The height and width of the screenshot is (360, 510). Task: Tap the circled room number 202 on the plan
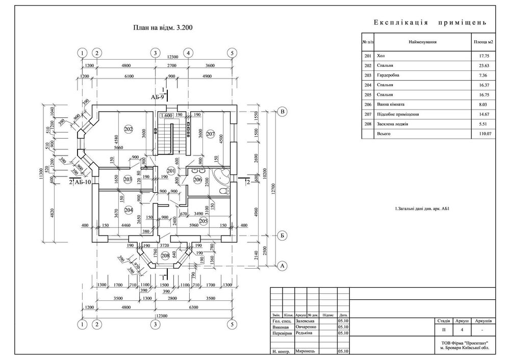coord(128,130)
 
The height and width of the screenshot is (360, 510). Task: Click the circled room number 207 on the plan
coord(211,134)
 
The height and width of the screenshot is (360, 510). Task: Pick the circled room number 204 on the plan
coord(127,209)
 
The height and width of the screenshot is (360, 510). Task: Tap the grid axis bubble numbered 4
coord(188,53)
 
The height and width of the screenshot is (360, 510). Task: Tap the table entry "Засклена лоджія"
coord(393,124)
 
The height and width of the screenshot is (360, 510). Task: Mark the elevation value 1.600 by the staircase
coord(165,116)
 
